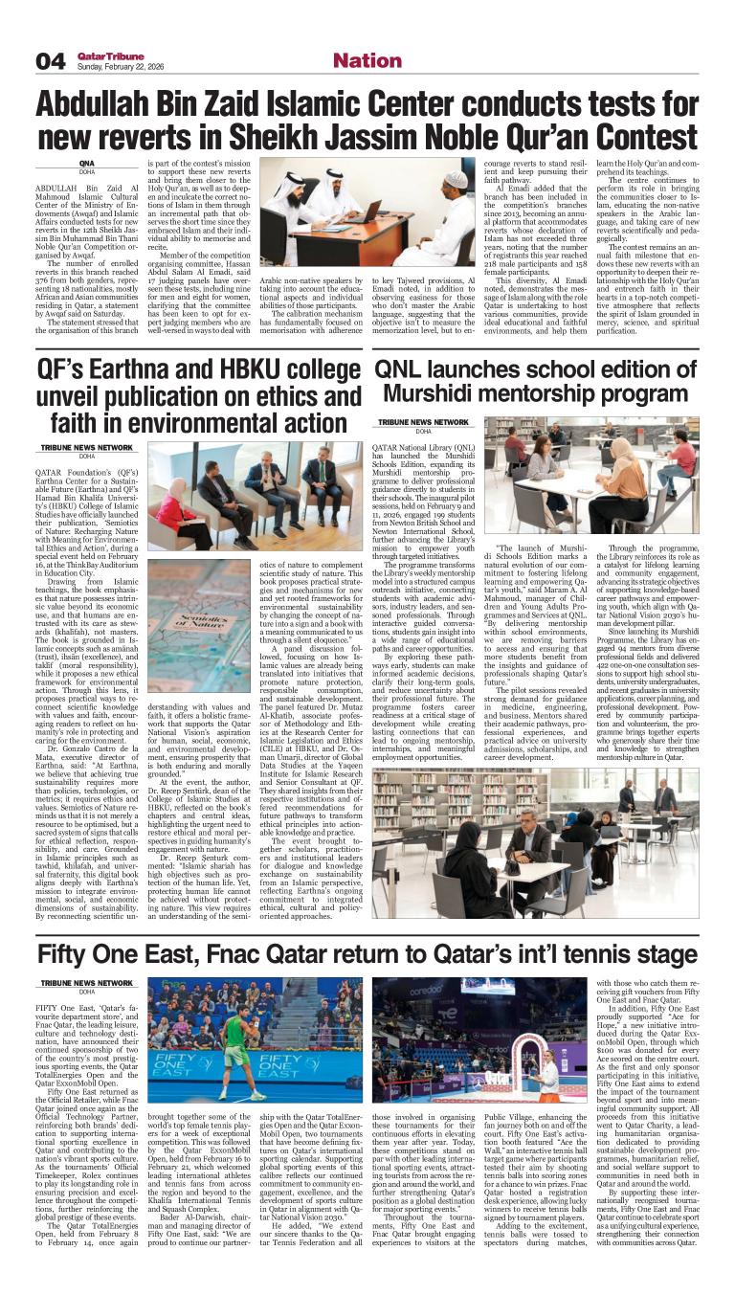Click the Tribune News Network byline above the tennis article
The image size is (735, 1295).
click(85, 983)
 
